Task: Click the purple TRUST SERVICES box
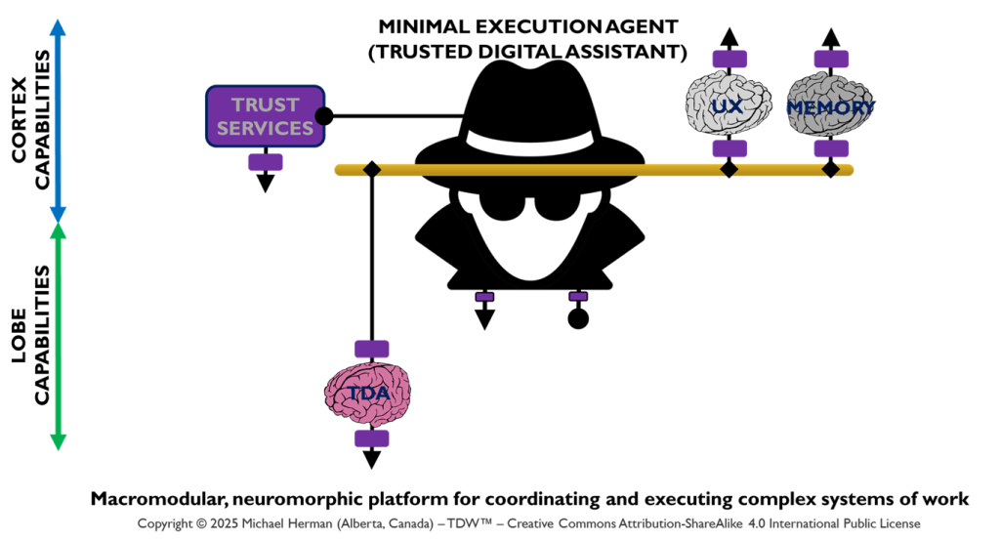click(266, 116)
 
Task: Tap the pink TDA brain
click(371, 394)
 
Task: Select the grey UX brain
click(728, 105)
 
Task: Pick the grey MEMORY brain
click(830, 105)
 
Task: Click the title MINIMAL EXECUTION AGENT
click(527, 26)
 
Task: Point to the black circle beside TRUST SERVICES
click(325, 116)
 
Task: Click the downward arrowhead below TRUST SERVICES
click(266, 183)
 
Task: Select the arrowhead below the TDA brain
click(371, 460)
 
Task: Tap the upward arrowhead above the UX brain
click(729, 38)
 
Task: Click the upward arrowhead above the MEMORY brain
click(830, 38)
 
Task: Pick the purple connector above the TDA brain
click(371, 349)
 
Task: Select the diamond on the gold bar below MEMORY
click(830, 170)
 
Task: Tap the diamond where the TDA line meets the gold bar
click(371, 170)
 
